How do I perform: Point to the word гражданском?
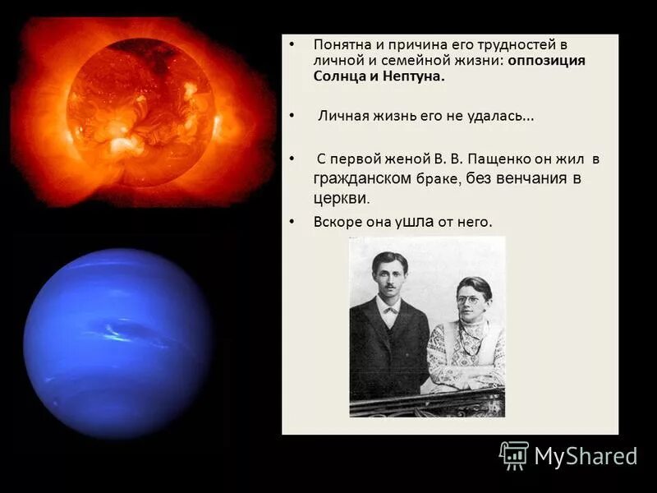coord(363,178)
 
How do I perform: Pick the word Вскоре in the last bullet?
coord(337,221)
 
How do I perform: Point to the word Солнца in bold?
coord(339,76)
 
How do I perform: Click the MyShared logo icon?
coord(514,454)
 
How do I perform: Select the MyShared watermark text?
coord(586,456)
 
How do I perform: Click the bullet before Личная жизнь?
coord(292,117)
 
